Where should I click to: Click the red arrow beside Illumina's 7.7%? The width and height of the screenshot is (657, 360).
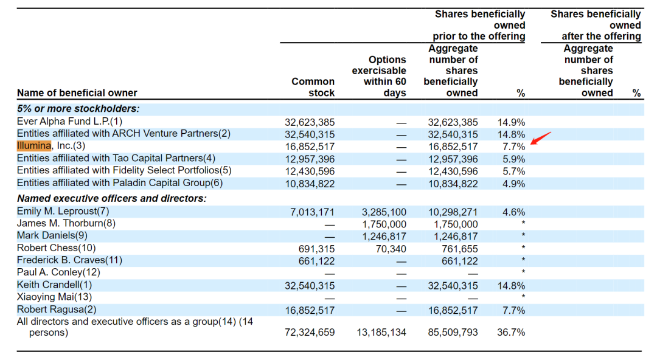[x=541, y=138]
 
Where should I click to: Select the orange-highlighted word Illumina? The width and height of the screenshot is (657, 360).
[x=34, y=145]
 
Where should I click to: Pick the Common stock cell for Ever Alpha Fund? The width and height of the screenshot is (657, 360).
[x=310, y=122]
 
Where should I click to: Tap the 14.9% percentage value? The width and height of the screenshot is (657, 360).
[x=511, y=122]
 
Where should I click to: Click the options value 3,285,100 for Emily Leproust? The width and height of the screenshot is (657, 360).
[x=384, y=212]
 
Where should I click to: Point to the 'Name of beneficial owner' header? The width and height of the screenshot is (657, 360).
[x=77, y=92]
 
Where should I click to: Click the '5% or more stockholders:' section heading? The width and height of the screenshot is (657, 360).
[x=78, y=108]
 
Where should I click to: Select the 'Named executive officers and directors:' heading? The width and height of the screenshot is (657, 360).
[x=111, y=198]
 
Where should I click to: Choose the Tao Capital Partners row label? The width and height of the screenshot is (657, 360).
[x=116, y=158]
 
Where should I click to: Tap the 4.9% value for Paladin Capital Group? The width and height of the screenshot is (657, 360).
[x=513, y=184]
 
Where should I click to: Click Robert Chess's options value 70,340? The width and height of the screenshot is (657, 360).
[x=391, y=249]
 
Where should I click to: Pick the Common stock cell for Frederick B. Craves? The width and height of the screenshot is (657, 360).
[x=317, y=261]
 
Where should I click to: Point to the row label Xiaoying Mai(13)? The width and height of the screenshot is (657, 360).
[x=54, y=297]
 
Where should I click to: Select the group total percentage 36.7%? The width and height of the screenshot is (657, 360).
[x=511, y=333]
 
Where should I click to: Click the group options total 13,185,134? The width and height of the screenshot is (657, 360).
[x=381, y=333]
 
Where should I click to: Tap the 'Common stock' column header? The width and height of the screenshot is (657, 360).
[x=313, y=87]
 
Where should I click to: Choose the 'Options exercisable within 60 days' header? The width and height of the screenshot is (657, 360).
[x=379, y=76]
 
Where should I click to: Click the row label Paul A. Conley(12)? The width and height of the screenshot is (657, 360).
[x=58, y=272]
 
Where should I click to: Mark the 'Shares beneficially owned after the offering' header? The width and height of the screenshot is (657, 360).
[x=596, y=25]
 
